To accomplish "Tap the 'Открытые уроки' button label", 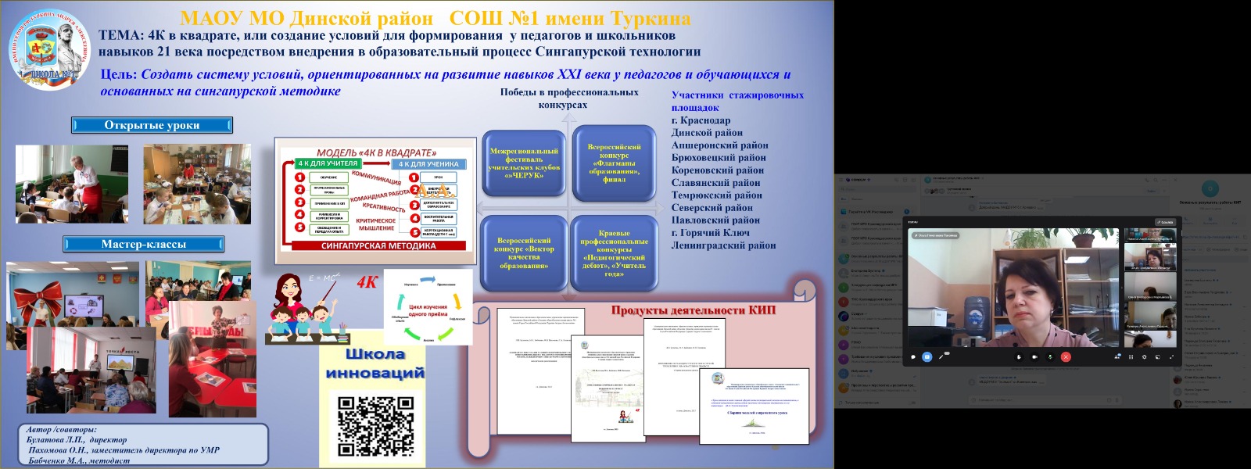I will [x=152, y=125].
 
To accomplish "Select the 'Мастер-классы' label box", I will [x=143, y=244].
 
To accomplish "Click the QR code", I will [x=375, y=426].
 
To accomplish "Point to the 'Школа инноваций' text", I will [x=375, y=363].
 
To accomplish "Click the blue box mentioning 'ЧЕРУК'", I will [x=524, y=163].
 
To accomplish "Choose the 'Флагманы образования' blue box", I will [x=614, y=163].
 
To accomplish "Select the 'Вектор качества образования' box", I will [x=524, y=253].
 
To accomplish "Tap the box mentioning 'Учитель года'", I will [x=614, y=253].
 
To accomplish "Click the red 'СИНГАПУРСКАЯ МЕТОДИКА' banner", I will [x=378, y=245].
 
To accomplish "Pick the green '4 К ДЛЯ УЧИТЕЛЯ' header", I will [x=328, y=163].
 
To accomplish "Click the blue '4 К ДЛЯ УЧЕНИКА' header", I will [x=428, y=164].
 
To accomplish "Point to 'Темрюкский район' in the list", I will [x=716, y=195].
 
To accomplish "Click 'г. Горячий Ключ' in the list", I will [x=710, y=233].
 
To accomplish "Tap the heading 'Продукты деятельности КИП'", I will [x=693, y=310].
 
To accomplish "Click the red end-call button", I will [x=1066, y=356].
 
